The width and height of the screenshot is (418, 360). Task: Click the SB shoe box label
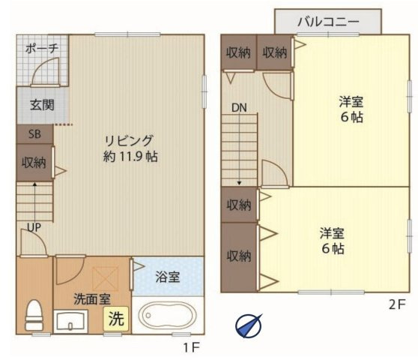[x=34, y=135]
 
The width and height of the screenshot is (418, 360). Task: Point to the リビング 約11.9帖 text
[x=129, y=148]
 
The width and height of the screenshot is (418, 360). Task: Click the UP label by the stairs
[x=34, y=226]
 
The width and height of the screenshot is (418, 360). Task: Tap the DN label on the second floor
[x=238, y=108]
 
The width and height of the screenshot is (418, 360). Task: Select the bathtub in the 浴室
[x=166, y=316]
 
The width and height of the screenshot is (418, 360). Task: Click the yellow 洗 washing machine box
[x=115, y=318]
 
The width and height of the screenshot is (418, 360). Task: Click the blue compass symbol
[x=248, y=324]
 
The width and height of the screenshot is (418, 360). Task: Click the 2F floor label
[x=397, y=304]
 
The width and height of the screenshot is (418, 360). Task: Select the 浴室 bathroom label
[x=167, y=277]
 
